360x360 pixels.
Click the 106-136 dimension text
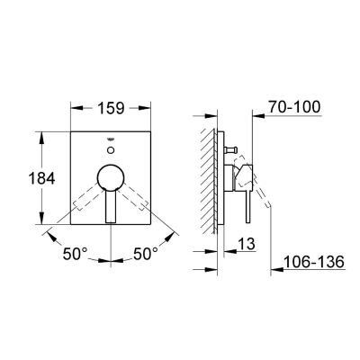click(x=319, y=265)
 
